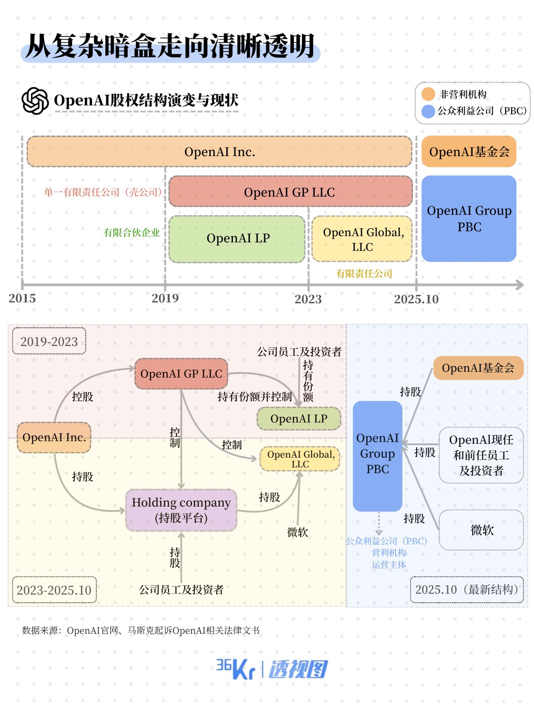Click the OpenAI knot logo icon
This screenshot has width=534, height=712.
click(x=35, y=101)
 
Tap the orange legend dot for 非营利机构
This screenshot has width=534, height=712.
click(x=428, y=94)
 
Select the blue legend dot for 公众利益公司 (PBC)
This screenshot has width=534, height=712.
click(x=428, y=111)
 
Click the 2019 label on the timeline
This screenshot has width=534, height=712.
click(x=165, y=298)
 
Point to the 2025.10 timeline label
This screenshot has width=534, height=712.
click(x=416, y=299)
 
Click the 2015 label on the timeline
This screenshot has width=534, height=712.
click(x=22, y=298)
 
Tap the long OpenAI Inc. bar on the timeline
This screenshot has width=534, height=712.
click(x=219, y=152)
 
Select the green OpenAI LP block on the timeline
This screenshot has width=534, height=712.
click(x=237, y=239)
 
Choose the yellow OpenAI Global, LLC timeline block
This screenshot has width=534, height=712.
click(x=362, y=239)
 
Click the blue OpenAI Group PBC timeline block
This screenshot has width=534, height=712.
click(x=469, y=218)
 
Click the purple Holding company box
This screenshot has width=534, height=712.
click(x=181, y=510)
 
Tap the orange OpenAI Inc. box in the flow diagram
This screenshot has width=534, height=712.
click(x=54, y=438)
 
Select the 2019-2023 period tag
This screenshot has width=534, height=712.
click(x=49, y=342)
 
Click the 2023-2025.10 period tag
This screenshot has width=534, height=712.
click(x=54, y=590)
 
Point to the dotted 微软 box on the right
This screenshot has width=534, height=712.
click(x=481, y=530)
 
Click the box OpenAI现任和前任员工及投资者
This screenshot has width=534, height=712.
click(x=481, y=455)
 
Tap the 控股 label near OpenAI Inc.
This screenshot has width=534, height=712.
click(x=82, y=397)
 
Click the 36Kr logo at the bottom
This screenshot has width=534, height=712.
click(x=235, y=669)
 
